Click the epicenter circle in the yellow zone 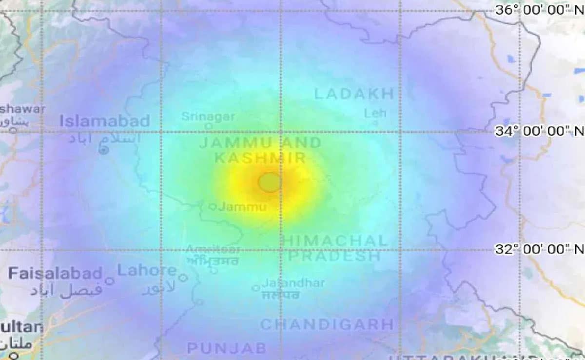click(x=270, y=182)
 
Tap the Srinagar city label click(x=208, y=117)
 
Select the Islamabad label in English click(x=105, y=121)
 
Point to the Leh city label click(x=375, y=113)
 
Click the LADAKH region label click(x=354, y=94)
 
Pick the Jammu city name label click(x=242, y=207)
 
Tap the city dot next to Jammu click(x=213, y=207)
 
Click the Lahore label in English click(x=147, y=270)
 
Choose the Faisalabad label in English click(x=55, y=273)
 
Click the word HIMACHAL click(x=335, y=240)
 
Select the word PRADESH click(x=334, y=256)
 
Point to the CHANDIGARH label click(x=327, y=324)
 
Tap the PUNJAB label click(x=227, y=348)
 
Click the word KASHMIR click(x=260, y=158)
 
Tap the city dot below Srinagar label click(x=209, y=126)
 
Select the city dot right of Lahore click(x=183, y=278)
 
